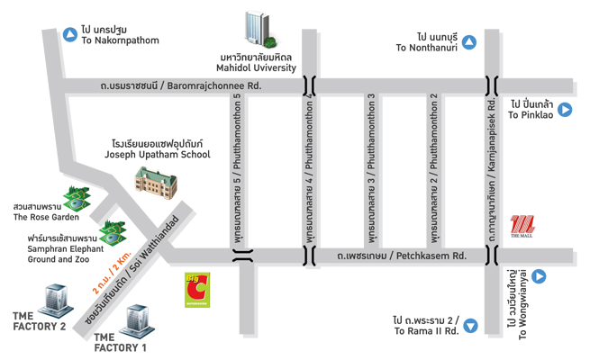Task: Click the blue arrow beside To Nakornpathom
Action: [70, 34]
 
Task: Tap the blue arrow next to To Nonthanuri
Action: [468, 41]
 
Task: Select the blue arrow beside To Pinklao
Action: [565, 110]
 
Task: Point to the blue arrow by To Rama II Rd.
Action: [470, 326]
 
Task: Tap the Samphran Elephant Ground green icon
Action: [112, 233]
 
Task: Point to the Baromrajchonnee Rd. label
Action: [180, 86]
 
